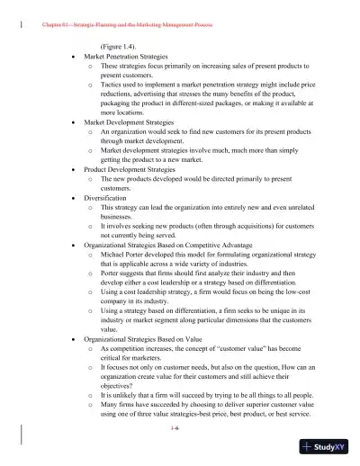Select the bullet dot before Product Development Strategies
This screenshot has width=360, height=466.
(x=72, y=167)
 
